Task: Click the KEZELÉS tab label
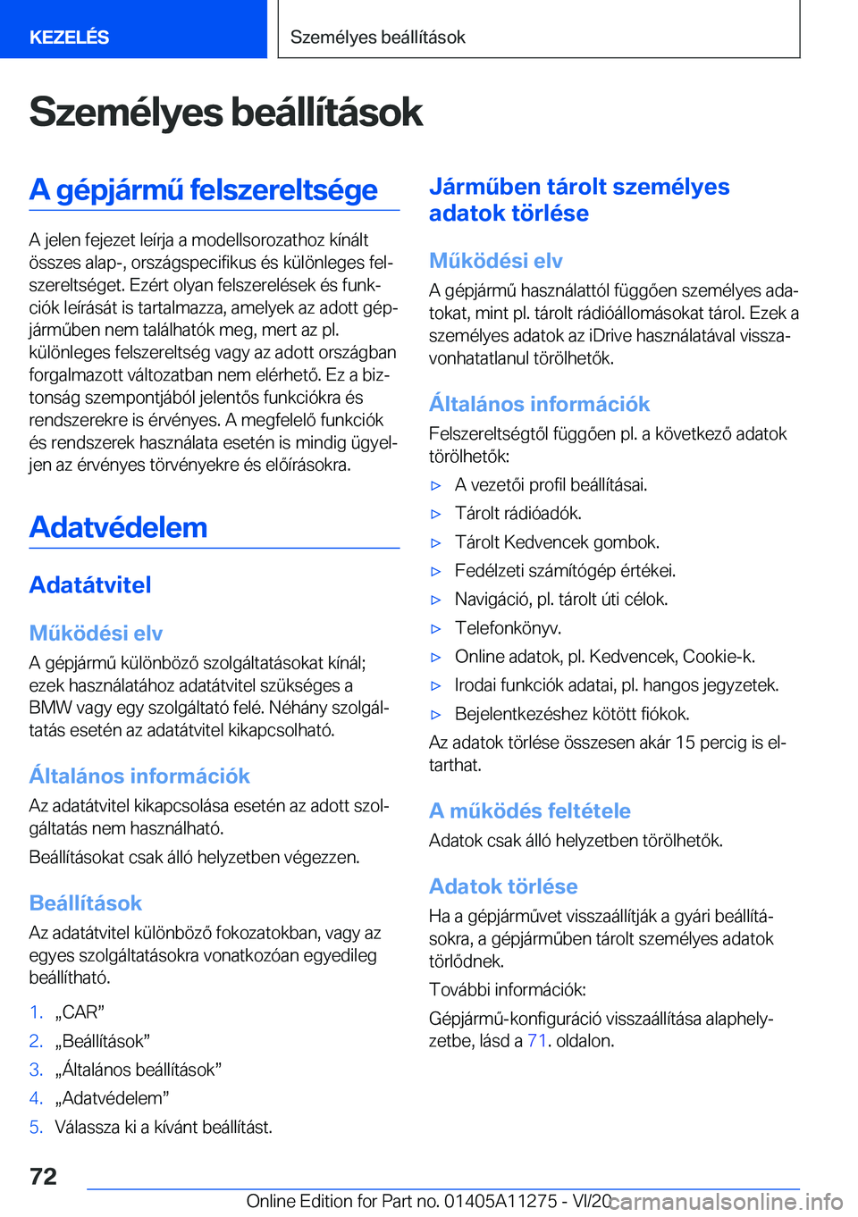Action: [69, 38]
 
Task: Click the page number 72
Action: [43, 1176]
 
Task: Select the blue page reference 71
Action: [536, 1041]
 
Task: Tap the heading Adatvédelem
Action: [118, 527]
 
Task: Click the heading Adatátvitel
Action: [90, 585]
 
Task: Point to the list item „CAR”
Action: [80, 1012]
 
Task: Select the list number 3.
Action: [36, 1070]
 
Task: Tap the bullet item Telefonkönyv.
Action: [508, 628]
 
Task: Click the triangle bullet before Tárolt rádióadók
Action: [436, 514]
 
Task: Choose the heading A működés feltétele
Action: [529, 810]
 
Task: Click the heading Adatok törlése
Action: [503, 886]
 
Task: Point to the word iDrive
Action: [612, 336]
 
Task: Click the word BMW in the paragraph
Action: [49, 709]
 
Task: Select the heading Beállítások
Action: [86, 902]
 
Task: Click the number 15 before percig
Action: [685, 743]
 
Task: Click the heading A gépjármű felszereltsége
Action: [203, 189]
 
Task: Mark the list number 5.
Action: [36, 1127]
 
